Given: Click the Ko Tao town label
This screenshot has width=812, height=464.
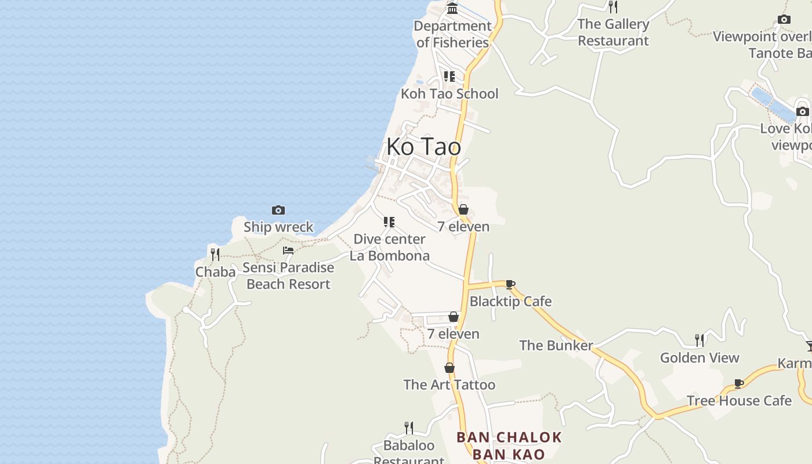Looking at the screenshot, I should pos(423,147).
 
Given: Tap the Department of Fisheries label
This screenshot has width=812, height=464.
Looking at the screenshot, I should pos(453,34).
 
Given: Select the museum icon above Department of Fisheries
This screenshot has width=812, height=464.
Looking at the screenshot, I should pos(452,8).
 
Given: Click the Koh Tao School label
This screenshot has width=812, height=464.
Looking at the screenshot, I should pos(449,94).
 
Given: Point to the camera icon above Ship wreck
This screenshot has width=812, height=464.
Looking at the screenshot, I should pos(278,210).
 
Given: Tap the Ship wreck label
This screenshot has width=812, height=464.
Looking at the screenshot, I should pos(278,227).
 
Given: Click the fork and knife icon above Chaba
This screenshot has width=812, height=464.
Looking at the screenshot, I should pos(215,254).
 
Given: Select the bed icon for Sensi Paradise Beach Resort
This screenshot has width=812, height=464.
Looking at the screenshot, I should pos(288,251).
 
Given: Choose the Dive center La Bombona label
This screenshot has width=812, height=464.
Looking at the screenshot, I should pos(390,248).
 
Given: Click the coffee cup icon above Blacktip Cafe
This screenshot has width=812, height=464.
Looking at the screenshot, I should pos(510,284).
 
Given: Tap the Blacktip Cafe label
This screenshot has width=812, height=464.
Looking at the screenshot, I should pos(510,302).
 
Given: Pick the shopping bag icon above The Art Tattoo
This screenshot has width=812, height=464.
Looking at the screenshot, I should pos(449,368).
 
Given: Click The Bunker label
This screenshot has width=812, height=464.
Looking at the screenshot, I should pos(556,346).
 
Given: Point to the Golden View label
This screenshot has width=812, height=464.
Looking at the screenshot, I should pos(699,358).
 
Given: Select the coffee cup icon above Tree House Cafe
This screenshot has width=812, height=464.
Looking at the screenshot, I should pos(739,383).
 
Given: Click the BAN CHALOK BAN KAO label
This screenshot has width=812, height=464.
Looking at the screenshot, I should pos(509,445).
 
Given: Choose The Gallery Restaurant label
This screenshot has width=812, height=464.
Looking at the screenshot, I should pos(613,32).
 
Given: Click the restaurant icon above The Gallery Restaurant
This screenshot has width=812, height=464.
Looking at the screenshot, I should pos(613,6).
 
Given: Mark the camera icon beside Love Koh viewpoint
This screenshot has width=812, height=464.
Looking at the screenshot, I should pos(803,111).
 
